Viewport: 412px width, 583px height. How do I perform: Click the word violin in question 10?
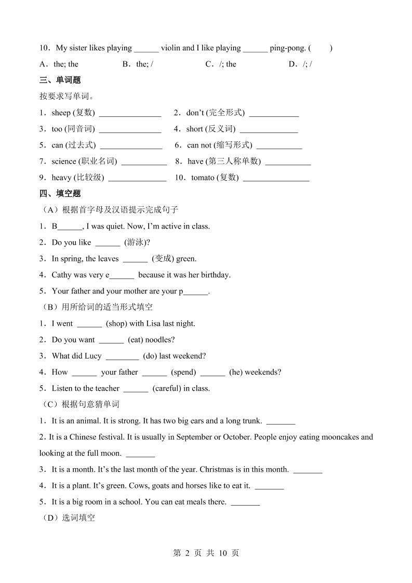170,48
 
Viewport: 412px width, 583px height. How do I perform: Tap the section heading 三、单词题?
60,81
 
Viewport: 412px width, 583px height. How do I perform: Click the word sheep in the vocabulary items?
61,113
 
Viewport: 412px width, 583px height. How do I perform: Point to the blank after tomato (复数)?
276,178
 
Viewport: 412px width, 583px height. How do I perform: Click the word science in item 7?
63,162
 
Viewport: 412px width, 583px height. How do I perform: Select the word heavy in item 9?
61,178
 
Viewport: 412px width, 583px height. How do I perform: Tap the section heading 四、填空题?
60,194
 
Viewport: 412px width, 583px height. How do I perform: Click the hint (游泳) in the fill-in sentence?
137,243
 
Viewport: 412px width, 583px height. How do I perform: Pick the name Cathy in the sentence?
62,275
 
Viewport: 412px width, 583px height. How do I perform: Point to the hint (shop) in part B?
117,324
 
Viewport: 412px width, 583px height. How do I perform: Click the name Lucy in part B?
92,356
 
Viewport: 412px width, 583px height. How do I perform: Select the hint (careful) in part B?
167,389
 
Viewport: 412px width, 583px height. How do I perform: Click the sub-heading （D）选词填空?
67,518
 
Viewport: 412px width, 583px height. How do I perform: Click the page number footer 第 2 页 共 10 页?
205,553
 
